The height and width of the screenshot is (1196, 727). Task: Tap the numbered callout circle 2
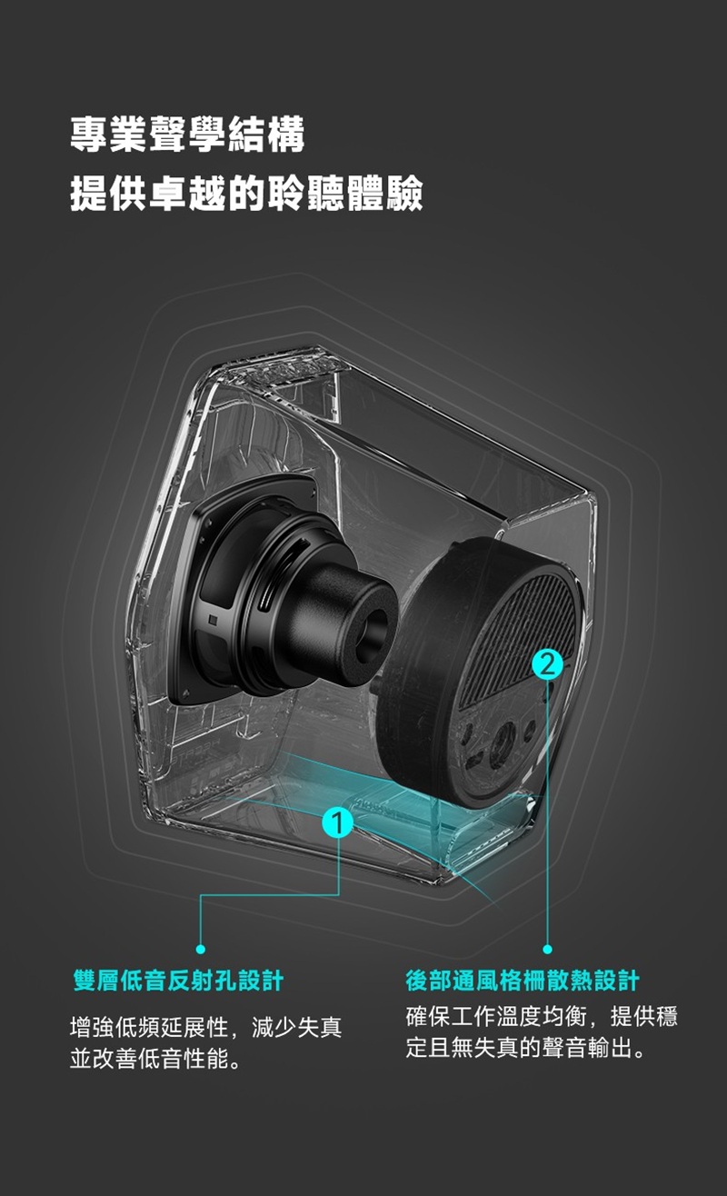[x=548, y=664]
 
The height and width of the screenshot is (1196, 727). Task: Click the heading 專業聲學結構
[x=188, y=135]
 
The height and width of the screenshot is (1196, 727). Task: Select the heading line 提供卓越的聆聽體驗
[x=247, y=193]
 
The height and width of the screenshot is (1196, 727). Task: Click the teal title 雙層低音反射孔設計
[x=179, y=982]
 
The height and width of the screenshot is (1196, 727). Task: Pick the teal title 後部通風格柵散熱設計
[x=523, y=982]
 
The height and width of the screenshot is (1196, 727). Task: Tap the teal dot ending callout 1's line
[x=201, y=949]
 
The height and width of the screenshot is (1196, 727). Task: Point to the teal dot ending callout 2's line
[x=547, y=949]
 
